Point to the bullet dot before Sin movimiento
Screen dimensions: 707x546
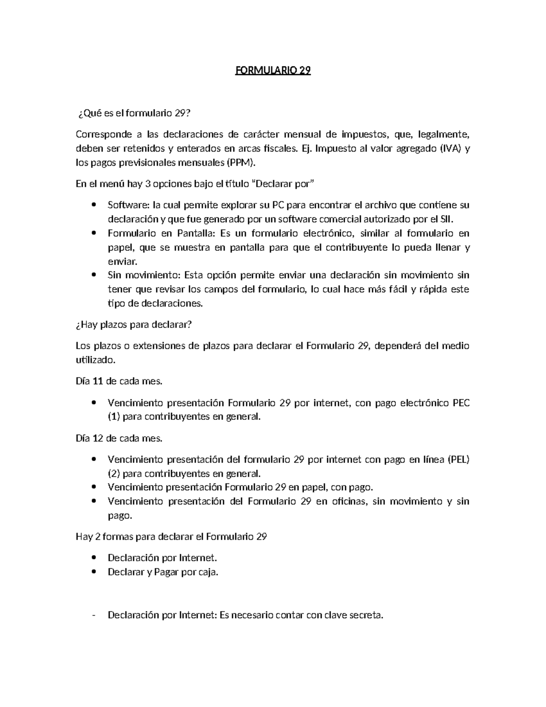[94, 275]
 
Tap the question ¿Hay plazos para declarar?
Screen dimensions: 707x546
[134, 325]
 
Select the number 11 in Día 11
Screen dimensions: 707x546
[98, 381]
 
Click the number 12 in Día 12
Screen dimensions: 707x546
[98, 438]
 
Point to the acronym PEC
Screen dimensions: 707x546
[461, 402]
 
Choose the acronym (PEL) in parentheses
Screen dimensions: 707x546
[458, 459]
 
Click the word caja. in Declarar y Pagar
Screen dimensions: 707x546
[208, 572]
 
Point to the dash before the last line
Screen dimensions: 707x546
[94, 615]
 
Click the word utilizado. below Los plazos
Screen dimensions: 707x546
[96, 360]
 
